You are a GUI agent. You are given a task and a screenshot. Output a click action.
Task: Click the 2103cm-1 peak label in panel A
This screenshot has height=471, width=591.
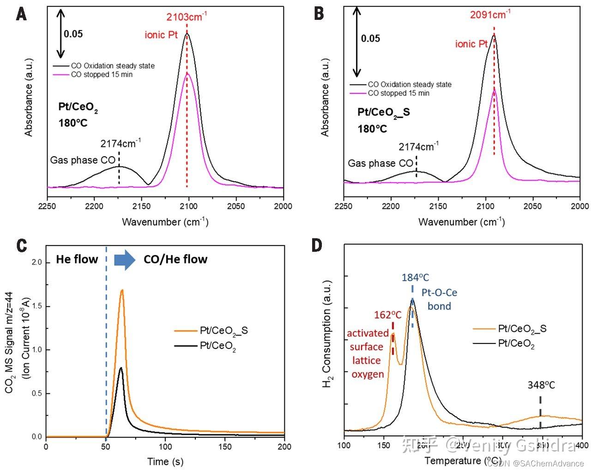tap(187, 18)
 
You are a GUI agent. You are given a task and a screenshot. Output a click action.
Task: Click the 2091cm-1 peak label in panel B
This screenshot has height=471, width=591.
tap(490, 15)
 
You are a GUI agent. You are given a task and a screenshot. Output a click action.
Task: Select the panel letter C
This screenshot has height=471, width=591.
tap(22, 245)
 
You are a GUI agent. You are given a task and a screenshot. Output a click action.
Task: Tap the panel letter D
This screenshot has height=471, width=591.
tap(317, 245)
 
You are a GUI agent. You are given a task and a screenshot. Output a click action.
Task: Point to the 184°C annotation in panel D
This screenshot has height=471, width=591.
tap(415, 277)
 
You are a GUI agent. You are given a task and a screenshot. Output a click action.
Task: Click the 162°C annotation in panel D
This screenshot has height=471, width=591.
tap(388, 315)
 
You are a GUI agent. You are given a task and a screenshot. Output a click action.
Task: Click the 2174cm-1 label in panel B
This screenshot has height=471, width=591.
tap(418, 147)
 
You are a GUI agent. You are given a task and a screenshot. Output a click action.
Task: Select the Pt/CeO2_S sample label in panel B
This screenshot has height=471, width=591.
tap(384, 112)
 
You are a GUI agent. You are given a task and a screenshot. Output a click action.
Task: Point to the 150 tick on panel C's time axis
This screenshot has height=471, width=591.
tap(225, 447)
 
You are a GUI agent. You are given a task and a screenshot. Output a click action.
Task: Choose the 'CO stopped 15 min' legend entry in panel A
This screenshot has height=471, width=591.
tap(102, 74)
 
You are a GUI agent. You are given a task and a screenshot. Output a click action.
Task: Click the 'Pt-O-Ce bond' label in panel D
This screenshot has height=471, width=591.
tap(439, 300)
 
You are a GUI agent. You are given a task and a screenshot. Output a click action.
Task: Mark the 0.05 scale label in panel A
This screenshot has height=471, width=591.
tap(73, 34)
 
